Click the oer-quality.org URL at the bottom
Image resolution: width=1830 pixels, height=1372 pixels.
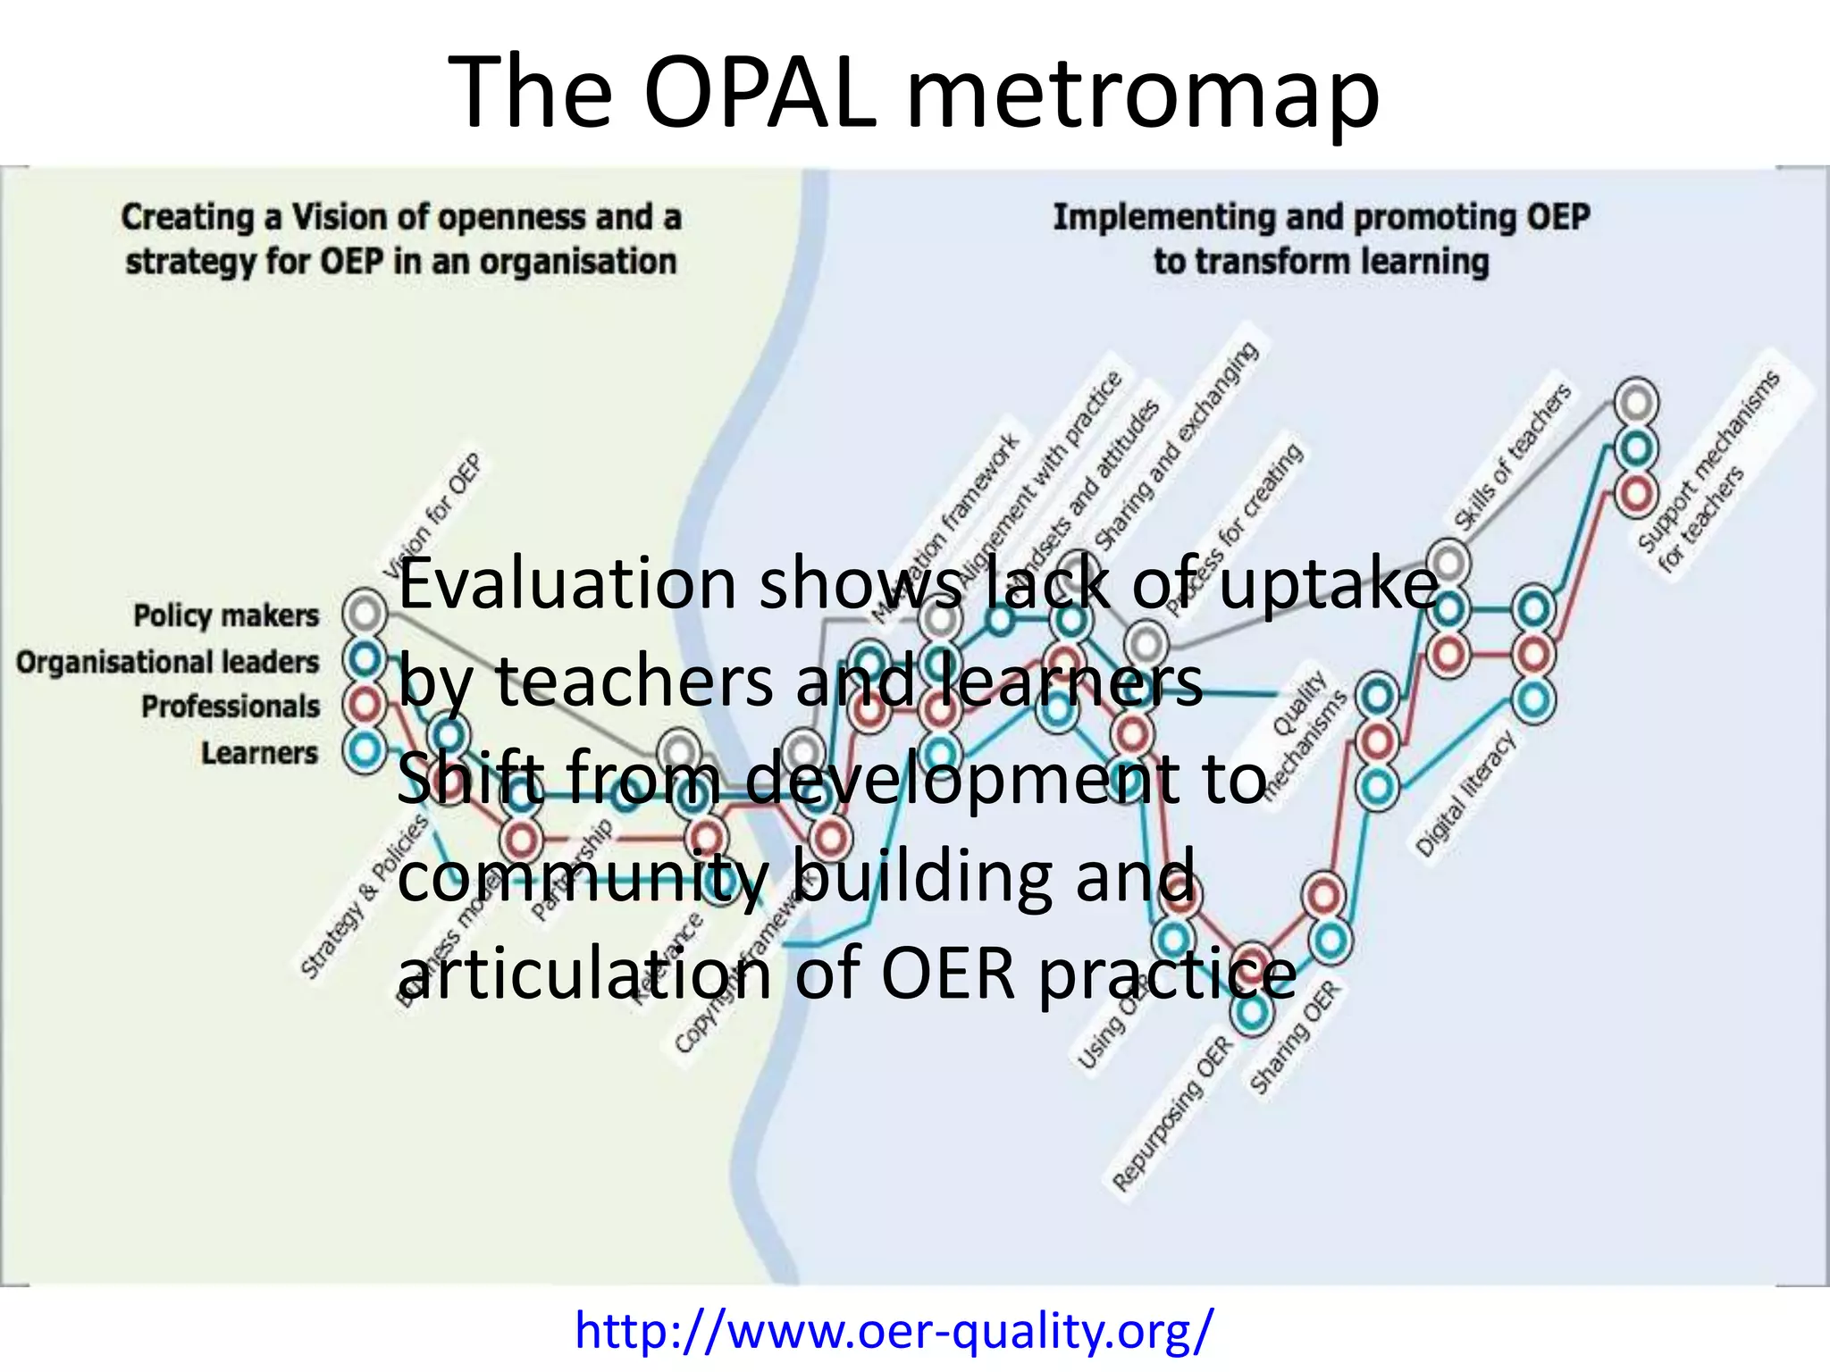894,1330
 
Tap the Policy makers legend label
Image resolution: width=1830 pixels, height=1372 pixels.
226,615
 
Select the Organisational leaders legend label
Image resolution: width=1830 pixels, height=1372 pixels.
167,662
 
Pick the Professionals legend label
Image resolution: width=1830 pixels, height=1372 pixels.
231,707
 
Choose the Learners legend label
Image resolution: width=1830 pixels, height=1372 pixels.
259,753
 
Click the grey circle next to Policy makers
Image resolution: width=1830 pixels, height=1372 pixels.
365,613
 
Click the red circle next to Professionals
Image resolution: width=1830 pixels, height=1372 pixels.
365,706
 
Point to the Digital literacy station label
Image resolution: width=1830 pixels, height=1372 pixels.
1465,793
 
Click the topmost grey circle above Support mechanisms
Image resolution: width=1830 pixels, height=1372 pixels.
1636,403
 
